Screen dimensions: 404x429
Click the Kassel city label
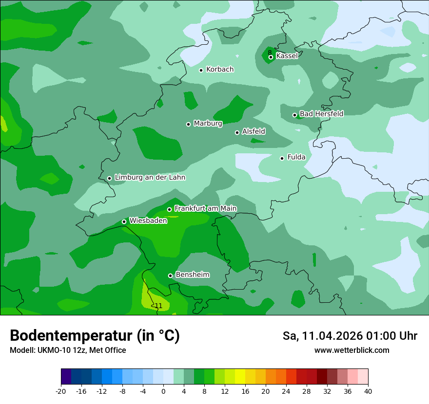point(287,56)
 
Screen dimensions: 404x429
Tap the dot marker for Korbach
point(201,70)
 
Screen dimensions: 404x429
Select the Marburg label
point(208,124)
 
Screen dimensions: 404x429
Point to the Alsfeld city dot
point(237,132)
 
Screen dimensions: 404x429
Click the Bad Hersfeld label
point(321,114)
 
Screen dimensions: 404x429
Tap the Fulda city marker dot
point(282,158)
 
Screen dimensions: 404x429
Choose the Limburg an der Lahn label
point(150,178)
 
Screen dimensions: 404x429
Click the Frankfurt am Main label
point(205,208)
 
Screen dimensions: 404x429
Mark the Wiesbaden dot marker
point(124,222)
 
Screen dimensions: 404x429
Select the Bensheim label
point(192,275)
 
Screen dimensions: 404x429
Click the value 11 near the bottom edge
point(158,306)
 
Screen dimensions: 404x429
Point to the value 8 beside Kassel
point(270,53)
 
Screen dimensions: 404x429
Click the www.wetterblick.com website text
point(351,350)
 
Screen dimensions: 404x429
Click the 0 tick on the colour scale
point(163,391)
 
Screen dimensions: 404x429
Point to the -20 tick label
point(60,391)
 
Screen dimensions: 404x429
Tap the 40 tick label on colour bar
point(368,391)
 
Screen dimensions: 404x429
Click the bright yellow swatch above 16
point(240,377)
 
